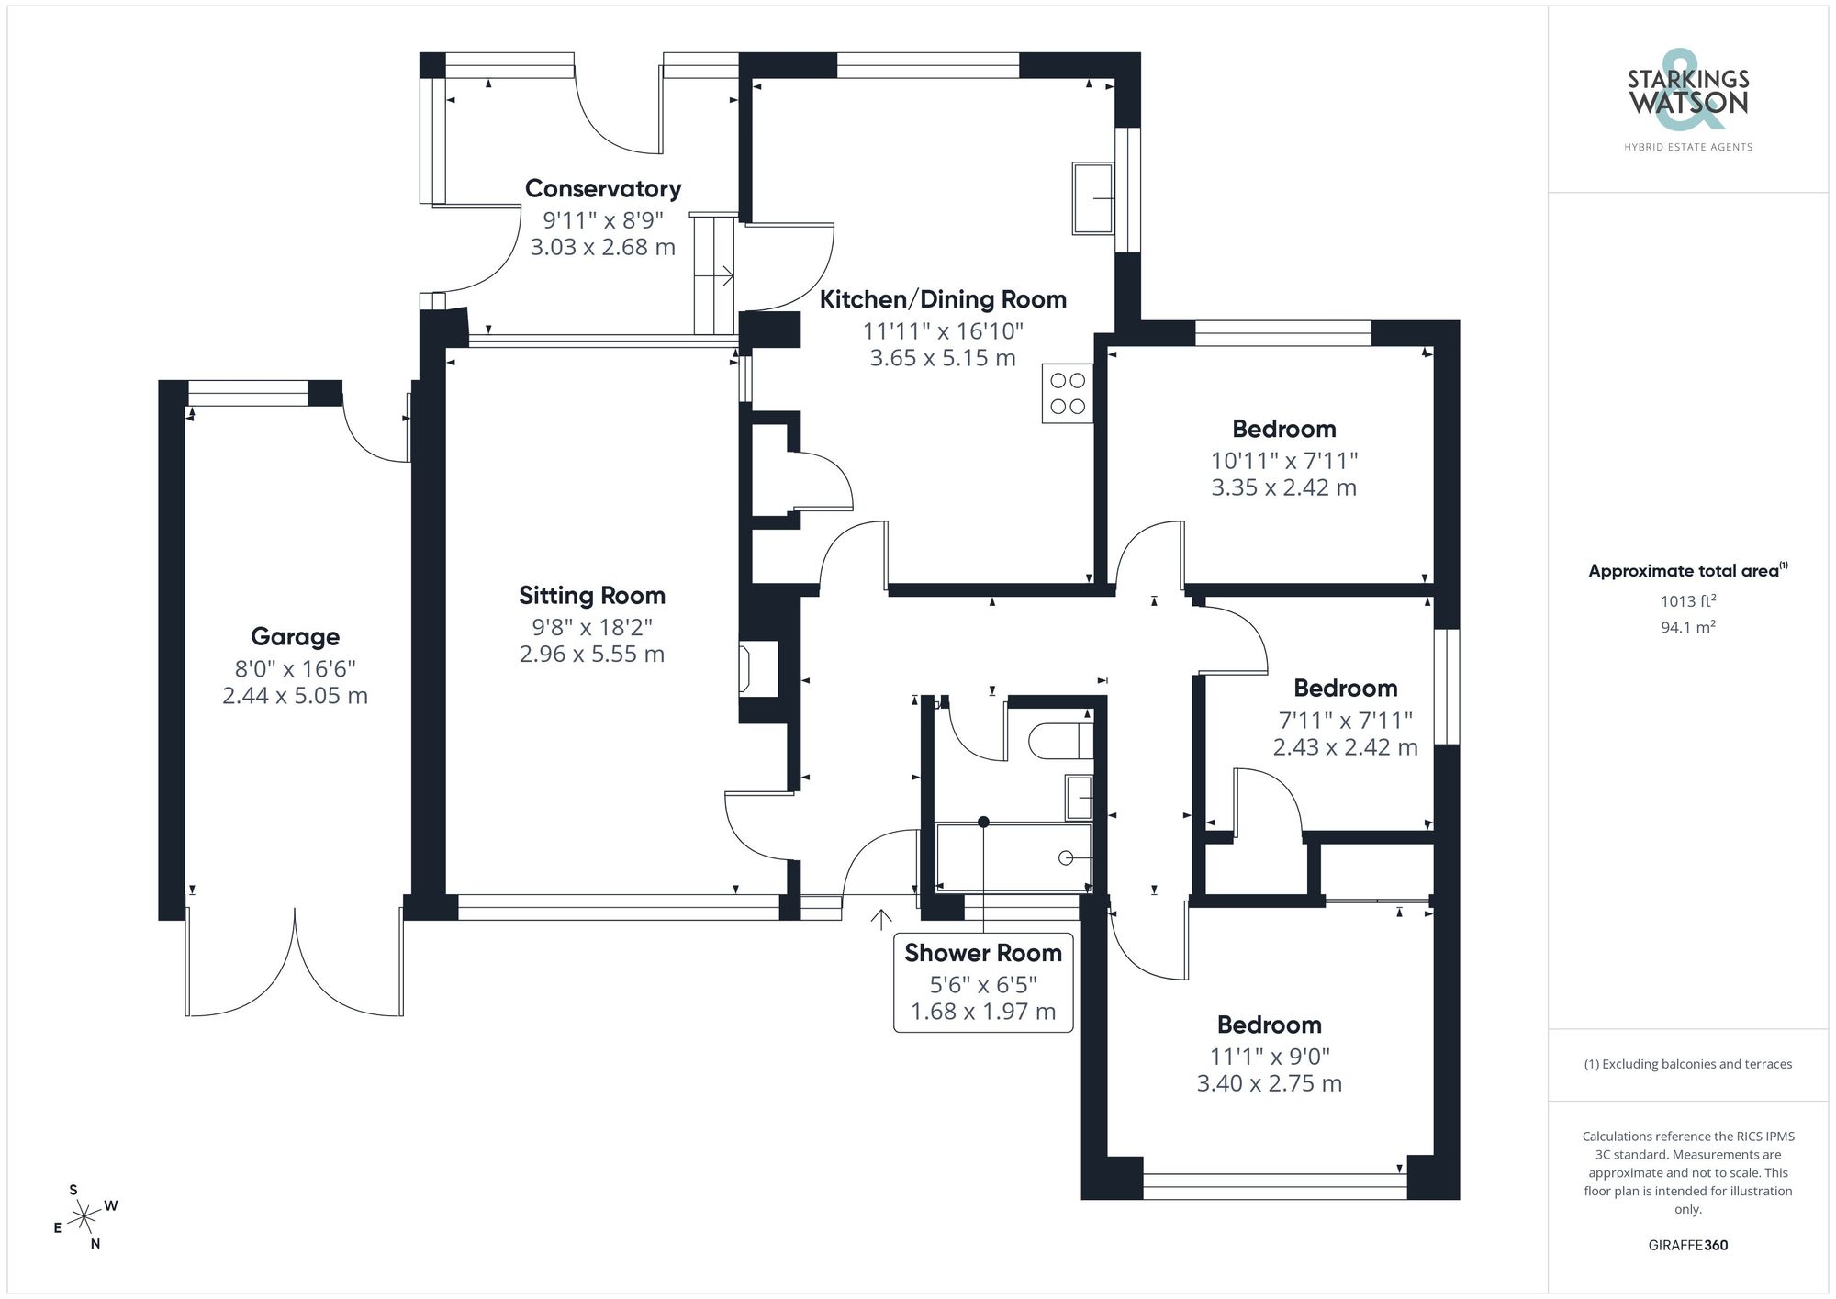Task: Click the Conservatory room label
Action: [602, 189]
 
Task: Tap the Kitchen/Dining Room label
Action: [943, 299]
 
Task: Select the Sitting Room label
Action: [592, 596]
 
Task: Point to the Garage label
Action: [295, 637]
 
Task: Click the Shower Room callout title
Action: [983, 953]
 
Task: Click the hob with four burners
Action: [1068, 394]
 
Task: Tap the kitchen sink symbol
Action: [1093, 198]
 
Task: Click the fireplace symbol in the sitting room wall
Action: [745, 669]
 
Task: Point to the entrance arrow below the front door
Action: [881, 918]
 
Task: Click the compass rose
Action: [84, 1217]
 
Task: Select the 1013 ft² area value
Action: [1687, 601]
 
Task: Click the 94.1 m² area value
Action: [1687, 628]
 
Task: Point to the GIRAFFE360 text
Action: [1687, 1246]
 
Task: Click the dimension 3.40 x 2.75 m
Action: [1269, 1084]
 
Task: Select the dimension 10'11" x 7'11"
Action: [1283, 461]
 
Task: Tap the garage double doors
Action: [295, 964]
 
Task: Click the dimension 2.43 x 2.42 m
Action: [1345, 748]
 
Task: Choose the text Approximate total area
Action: [1684, 571]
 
